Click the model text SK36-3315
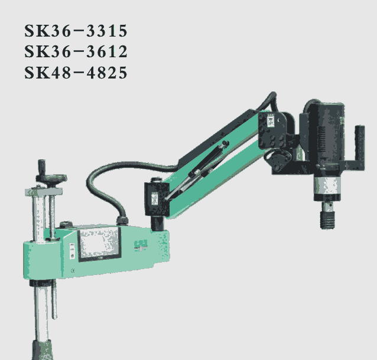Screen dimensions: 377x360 (x=76, y=31)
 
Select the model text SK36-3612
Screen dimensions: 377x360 (x=76, y=51)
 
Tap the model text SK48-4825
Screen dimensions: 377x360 (x=76, y=72)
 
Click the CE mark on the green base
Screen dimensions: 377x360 (x=73, y=271)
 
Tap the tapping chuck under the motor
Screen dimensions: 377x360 (x=327, y=215)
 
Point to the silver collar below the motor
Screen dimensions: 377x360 (x=327, y=186)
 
